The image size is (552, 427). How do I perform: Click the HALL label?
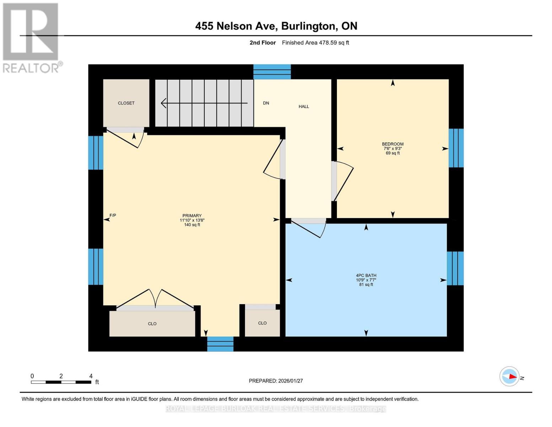(304, 106)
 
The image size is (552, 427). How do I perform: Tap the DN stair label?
(266, 103)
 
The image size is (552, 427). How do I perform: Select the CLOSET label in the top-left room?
(126, 103)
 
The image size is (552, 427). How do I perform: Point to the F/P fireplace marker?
(113, 215)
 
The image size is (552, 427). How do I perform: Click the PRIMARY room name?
(192, 216)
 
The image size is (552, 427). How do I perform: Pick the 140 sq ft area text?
(192, 225)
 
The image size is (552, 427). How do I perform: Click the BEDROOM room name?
(393, 144)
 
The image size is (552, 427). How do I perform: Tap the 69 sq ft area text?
(393, 153)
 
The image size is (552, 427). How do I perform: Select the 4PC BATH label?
(366, 275)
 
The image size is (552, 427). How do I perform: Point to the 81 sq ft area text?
(366, 285)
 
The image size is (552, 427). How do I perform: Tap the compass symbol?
(509, 376)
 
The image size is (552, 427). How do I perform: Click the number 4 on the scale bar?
(91, 376)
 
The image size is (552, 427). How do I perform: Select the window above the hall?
(272, 72)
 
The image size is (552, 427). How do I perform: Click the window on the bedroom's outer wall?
(456, 148)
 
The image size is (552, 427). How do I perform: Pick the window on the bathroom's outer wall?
(455, 268)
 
